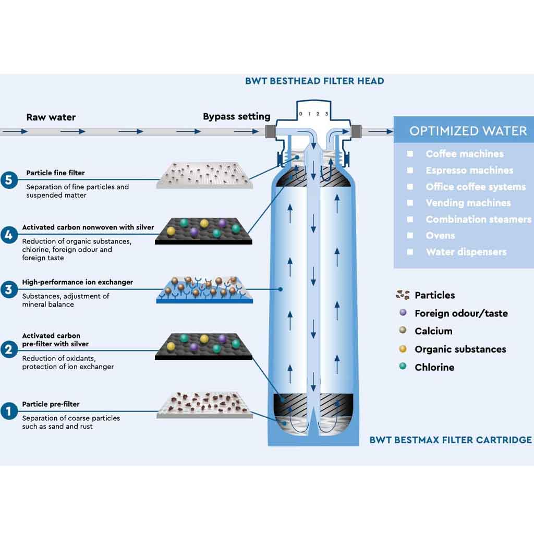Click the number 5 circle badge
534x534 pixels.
point(8,180)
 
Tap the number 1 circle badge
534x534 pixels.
point(8,411)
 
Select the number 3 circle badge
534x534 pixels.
point(8,289)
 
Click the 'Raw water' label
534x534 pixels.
point(51,117)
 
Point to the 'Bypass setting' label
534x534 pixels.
point(237,116)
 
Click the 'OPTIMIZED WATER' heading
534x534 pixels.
point(468,131)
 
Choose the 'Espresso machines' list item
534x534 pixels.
point(469,171)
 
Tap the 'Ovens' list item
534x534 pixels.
point(440,236)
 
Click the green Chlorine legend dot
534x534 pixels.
point(403,367)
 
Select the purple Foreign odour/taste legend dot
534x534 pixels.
point(403,313)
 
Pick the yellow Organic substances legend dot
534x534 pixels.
point(403,349)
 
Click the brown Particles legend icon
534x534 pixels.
point(403,295)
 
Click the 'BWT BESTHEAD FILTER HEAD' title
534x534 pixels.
point(314,81)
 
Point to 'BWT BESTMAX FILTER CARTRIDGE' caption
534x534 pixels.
point(451,440)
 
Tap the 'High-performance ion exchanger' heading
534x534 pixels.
point(77,282)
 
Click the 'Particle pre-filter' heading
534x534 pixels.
point(51,404)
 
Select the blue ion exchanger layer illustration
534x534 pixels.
point(204,290)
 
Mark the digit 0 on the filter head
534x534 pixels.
point(300,114)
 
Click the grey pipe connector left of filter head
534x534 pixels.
point(271,131)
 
